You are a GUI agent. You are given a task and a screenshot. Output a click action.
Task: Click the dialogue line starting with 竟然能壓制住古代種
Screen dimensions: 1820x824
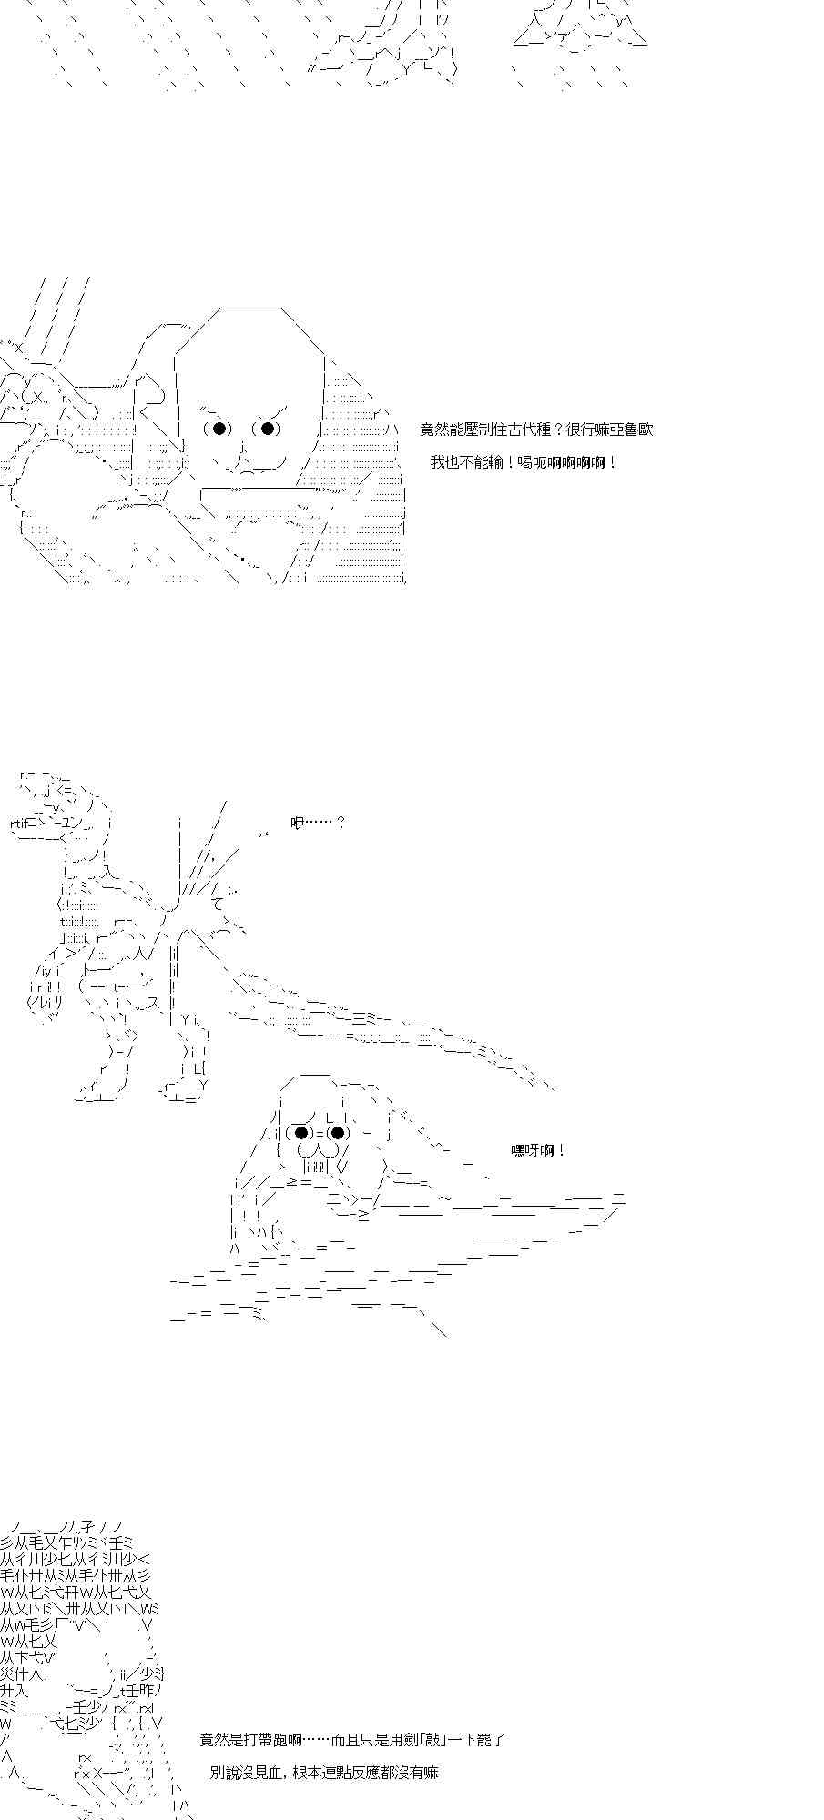(x=536, y=430)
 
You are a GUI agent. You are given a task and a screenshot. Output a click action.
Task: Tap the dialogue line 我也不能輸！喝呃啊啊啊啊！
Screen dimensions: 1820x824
(x=524, y=462)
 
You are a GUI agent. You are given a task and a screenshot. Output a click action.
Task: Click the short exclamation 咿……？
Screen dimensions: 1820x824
(x=318, y=823)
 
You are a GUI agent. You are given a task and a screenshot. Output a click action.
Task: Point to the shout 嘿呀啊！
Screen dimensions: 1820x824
(x=539, y=1150)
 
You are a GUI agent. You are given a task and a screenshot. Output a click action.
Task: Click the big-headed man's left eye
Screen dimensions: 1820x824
(x=219, y=429)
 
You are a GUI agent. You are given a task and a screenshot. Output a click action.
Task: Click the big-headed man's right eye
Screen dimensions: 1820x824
(x=267, y=429)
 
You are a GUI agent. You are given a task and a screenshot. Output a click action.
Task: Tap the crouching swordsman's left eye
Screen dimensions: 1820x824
(x=301, y=1133)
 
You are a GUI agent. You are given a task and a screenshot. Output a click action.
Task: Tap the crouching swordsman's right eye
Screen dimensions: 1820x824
(x=338, y=1133)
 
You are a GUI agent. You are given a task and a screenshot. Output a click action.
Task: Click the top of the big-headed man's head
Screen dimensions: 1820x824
(x=250, y=311)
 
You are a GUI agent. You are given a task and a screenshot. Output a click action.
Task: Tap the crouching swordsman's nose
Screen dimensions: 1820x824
(x=319, y=1148)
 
